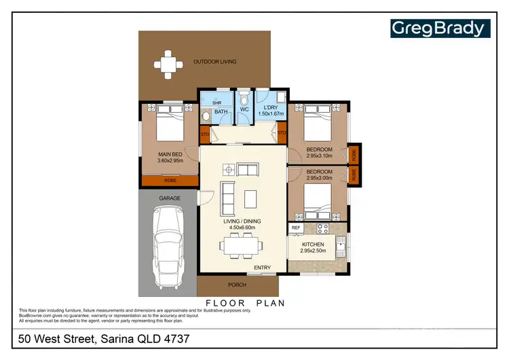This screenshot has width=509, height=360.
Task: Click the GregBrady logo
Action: [439, 29]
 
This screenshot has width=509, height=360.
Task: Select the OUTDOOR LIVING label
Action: [214, 62]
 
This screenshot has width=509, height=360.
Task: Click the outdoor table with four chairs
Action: [169, 64]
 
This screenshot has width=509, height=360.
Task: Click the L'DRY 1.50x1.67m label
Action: [270, 110]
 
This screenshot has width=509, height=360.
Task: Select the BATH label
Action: [221, 112]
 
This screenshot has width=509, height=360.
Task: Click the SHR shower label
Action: [217, 103]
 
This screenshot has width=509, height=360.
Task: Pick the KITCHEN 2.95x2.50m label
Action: [314, 247]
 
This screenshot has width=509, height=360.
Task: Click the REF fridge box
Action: [296, 228]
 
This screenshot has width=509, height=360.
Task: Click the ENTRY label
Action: [263, 268]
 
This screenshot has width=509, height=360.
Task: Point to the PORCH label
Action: [238, 285]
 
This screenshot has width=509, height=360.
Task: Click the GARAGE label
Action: [170, 198]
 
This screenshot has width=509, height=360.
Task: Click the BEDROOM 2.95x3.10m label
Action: [319, 152]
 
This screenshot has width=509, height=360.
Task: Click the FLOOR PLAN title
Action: [245, 302]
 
